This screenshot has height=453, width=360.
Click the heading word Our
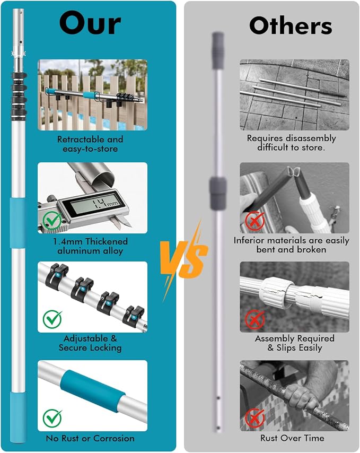coord(90,23)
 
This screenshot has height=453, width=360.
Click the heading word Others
coord(291,25)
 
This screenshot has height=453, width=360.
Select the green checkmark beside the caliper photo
coord(52,221)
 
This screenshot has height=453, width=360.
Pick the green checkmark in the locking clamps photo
coord(52,319)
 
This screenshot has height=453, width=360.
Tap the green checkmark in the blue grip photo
coord(52,418)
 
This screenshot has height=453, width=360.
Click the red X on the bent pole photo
coord(254,221)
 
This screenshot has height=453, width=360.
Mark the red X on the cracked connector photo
coord(254,319)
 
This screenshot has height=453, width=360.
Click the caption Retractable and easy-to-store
coord(90,144)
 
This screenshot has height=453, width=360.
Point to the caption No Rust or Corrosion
coord(90,438)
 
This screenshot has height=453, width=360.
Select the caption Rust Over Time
coord(292,438)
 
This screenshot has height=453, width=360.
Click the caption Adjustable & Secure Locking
coord(90,343)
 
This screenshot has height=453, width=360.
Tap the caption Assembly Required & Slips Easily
coord(294,343)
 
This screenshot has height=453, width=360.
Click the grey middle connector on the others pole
coord(218,193)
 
